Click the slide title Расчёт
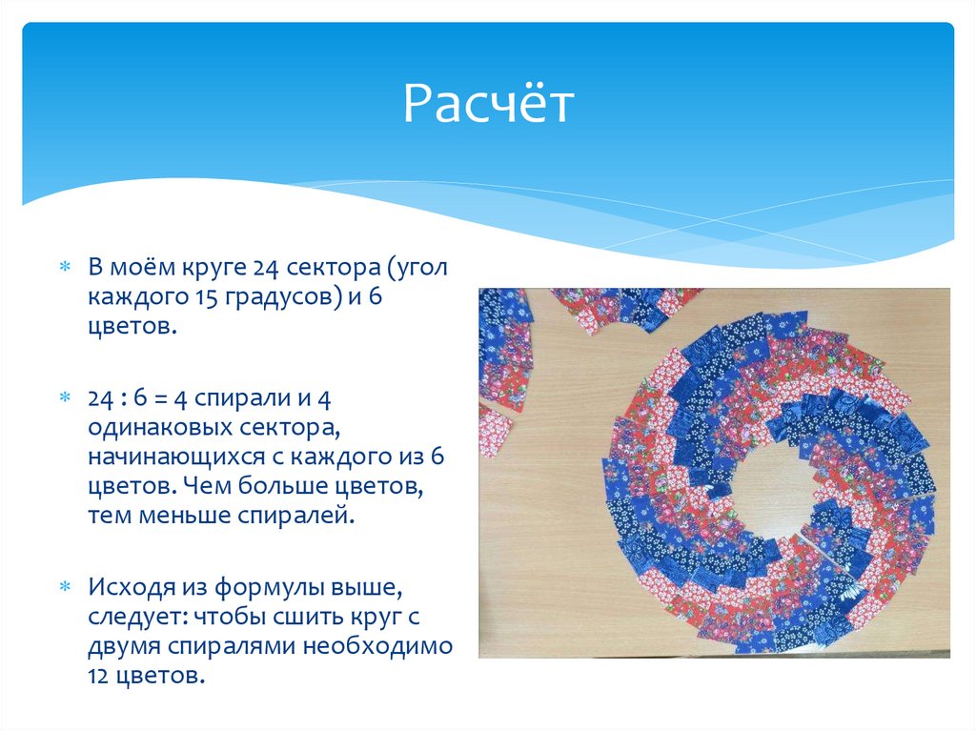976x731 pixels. [x=488, y=105]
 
